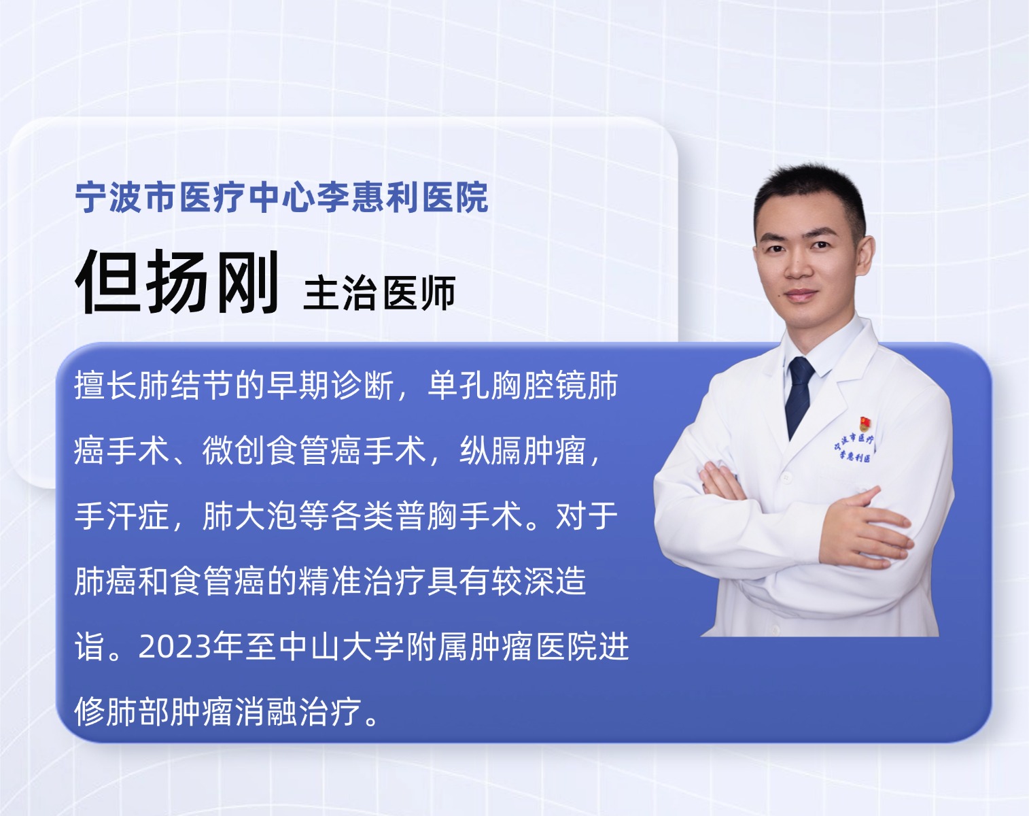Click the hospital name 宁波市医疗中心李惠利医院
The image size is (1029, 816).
tap(281, 197)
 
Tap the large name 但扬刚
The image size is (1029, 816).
tap(177, 282)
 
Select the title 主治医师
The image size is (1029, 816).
tap(379, 292)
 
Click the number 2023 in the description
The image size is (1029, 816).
tap(175, 647)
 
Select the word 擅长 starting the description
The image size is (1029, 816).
tap(105, 385)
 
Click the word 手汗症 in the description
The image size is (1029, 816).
tap(122, 516)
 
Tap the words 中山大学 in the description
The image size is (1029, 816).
tap(341, 647)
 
